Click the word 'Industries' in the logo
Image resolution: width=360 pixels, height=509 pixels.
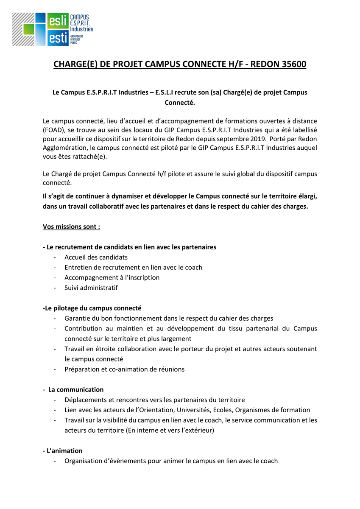[81, 29]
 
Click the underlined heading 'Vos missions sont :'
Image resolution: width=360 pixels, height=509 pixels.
[71, 227]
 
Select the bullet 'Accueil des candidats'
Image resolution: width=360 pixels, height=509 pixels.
[96, 257]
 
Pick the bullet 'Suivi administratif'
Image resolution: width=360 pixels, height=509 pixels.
[91, 288]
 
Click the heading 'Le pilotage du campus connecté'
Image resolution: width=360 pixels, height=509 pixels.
[92, 308]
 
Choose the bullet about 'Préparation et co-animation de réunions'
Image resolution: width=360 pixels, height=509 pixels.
[124, 369]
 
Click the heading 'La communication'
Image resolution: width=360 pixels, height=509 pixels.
[76, 389]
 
